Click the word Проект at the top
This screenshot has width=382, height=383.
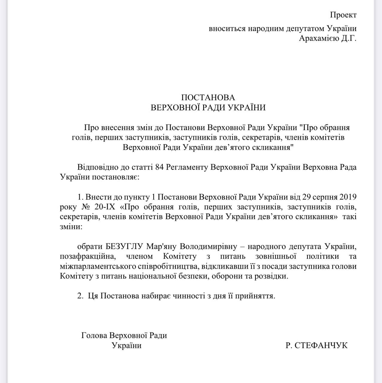point(343,15)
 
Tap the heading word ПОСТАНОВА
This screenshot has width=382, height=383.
point(208,98)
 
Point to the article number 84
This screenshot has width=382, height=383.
point(159,167)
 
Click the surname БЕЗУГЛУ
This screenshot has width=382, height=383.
point(125,247)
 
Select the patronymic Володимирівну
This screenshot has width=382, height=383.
point(208,247)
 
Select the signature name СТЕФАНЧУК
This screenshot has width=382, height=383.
point(321,345)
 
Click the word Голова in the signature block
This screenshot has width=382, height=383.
point(94,335)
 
